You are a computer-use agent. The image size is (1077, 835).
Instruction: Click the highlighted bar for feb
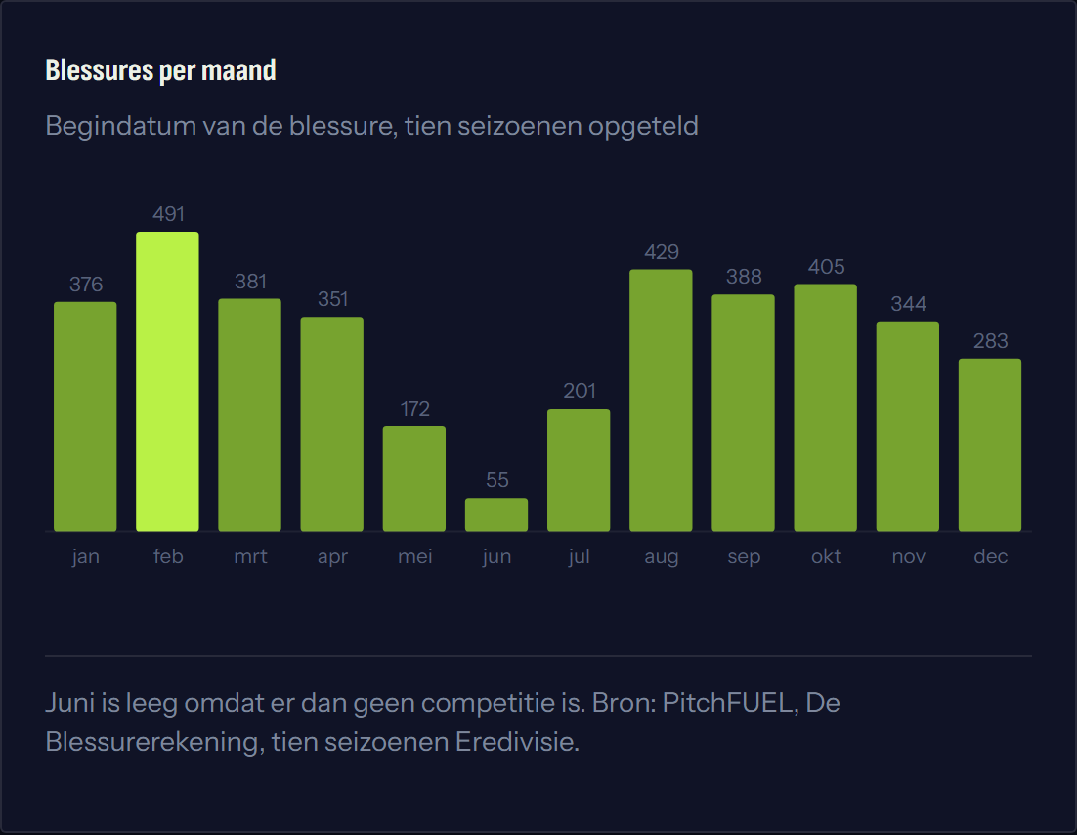pos(167,381)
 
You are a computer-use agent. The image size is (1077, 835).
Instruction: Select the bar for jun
pos(496,514)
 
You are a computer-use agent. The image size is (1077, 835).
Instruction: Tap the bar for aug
pos(661,400)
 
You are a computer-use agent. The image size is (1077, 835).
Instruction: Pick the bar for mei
pos(414,479)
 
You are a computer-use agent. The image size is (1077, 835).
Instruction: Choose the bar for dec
pos(990,445)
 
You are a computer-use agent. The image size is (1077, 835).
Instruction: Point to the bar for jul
pos(579,470)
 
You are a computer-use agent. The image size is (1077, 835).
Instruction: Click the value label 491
pos(168,214)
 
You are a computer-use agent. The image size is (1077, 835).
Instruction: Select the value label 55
pos(497,480)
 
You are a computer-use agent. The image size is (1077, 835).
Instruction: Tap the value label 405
pos(826,267)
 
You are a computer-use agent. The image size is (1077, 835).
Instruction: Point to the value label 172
pos(414,409)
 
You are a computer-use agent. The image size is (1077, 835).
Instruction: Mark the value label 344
pos(909,304)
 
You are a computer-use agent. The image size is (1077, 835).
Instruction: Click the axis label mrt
pos(250,556)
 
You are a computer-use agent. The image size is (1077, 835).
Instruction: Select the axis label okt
pos(826,556)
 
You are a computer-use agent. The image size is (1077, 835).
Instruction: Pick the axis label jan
pos(86,557)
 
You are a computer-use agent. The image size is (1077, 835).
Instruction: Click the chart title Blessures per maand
pos(160,70)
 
